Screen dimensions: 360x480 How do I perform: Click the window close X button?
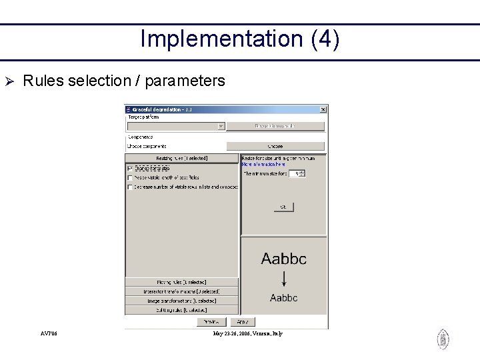click(x=323, y=109)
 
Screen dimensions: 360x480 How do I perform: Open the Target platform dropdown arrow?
click(x=221, y=126)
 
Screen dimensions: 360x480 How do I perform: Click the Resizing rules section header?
click(x=181, y=159)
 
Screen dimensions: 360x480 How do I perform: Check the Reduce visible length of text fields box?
click(x=130, y=178)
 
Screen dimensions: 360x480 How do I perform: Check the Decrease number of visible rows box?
click(x=130, y=187)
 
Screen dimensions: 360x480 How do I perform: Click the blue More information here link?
click(x=263, y=164)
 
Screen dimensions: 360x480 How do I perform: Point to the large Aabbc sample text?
click(x=284, y=259)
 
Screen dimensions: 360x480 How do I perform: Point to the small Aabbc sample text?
click(x=284, y=298)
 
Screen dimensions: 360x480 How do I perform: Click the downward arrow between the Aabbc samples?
click(x=284, y=279)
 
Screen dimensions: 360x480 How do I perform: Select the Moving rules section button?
click(x=181, y=283)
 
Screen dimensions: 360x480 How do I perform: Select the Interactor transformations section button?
click(x=181, y=291)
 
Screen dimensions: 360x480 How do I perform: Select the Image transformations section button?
click(x=181, y=301)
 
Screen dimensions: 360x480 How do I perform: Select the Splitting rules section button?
click(x=181, y=310)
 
